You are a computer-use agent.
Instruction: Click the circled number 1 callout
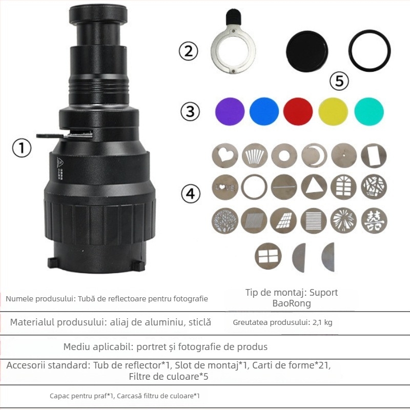pyautogui.click(x=22, y=149)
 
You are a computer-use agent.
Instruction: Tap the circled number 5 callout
pyautogui.click(x=339, y=80)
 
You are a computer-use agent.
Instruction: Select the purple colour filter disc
pyautogui.click(x=230, y=111)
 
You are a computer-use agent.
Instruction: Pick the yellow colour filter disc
pyautogui.click(x=333, y=111)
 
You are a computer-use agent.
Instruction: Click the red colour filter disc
pyautogui.click(x=298, y=111)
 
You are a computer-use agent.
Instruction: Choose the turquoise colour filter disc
pyautogui.click(x=368, y=111)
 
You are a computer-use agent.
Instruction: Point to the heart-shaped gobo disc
pyautogui.click(x=225, y=155)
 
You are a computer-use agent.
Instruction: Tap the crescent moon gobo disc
pyautogui.click(x=314, y=155)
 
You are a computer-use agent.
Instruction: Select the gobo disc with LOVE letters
pyautogui.click(x=225, y=187)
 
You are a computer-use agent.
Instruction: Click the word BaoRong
pyautogui.click(x=292, y=303)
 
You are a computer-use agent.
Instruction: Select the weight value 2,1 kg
pyautogui.click(x=321, y=323)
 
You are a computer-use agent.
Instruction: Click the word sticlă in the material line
pyautogui.click(x=198, y=322)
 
